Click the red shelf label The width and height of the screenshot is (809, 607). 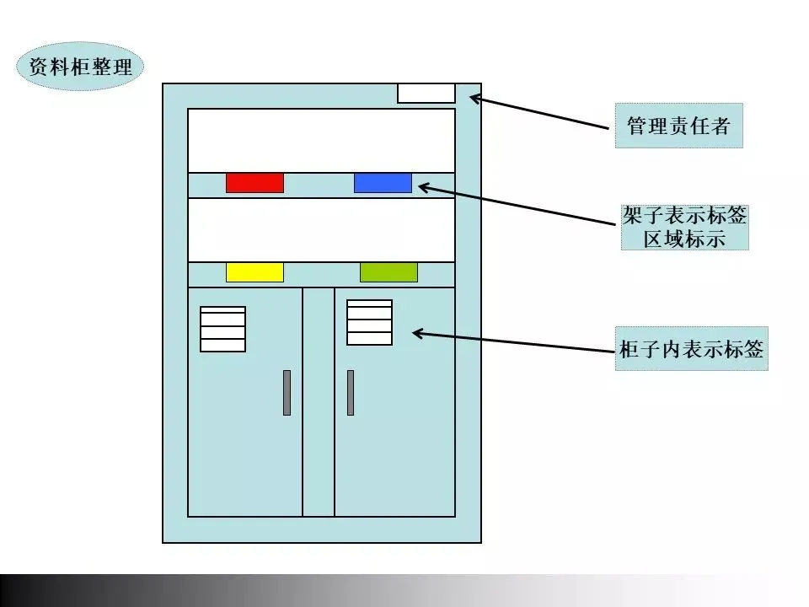pos(254,183)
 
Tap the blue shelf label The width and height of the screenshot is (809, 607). pos(383,183)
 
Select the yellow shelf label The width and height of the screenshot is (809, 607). pos(254,272)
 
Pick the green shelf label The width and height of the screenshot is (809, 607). pos(388,272)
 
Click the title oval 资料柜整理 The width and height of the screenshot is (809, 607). pos(81,67)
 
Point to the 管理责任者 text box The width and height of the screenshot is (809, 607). pos(678,126)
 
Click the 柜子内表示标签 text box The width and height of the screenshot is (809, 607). pos(691,349)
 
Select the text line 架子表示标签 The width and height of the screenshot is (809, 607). pos(684,216)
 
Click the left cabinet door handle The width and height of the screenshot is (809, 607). pos(287,392)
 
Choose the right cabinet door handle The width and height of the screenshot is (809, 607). pos(351,392)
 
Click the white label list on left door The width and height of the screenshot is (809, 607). pos(222,329)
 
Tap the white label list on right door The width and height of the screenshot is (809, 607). pos(369,322)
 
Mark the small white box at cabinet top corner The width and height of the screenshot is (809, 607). pos(426,93)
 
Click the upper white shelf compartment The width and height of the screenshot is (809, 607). pos(320,140)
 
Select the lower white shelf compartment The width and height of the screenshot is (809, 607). pos(320,229)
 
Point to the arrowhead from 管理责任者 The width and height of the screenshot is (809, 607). pos(474,98)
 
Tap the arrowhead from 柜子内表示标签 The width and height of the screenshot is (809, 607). pos(416,334)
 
